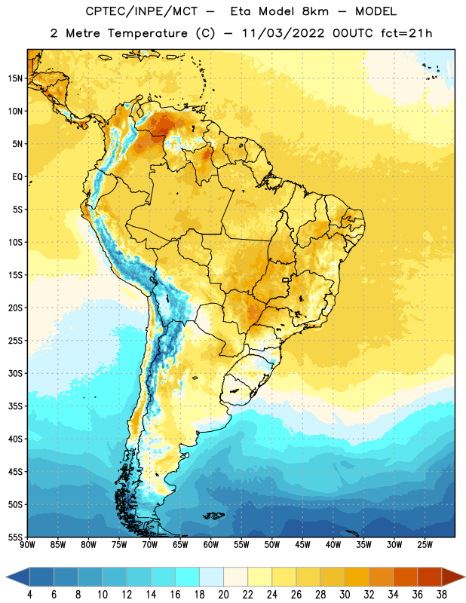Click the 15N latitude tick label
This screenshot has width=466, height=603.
pyautogui.click(x=15, y=78)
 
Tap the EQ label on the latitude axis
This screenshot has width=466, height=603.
pyautogui.click(x=17, y=177)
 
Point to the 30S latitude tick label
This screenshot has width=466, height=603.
pyautogui.click(x=15, y=373)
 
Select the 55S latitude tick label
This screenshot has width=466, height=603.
pyautogui.click(x=15, y=537)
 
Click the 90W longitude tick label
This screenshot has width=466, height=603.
pyautogui.click(x=27, y=545)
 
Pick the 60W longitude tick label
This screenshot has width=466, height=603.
pyautogui.click(x=211, y=545)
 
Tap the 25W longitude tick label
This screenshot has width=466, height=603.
pyautogui.click(x=425, y=545)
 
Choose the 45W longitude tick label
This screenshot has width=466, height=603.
pyautogui.click(x=302, y=545)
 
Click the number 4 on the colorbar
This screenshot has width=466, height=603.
pyautogui.click(x=29, y=595)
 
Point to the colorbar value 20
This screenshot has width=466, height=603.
pyautogui.click(x=223, y=595)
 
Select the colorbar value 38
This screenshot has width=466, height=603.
pyautogui.click(x=442, y=595)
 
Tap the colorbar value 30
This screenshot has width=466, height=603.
pyautogui.click(x=345, y=595)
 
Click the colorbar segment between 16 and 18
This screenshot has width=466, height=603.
pyautogui.click(x=187, y=577)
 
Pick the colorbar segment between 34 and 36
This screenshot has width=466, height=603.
pyautogui.click(x=405, y=577)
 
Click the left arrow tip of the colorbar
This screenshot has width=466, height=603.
pyautogui.click(x=6, y=577)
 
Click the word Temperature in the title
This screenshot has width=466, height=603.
pyautogui.click(x=148, y=33)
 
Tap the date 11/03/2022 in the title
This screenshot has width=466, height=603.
pyautogui.click(x=284, y=33)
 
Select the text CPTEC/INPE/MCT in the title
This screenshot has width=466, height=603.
pyautogui.click(x=142, y=11)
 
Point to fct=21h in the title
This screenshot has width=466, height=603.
pyautogui.click(x=406, y=33)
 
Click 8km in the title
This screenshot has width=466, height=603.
pyautogui.click(x=315, y=11)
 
